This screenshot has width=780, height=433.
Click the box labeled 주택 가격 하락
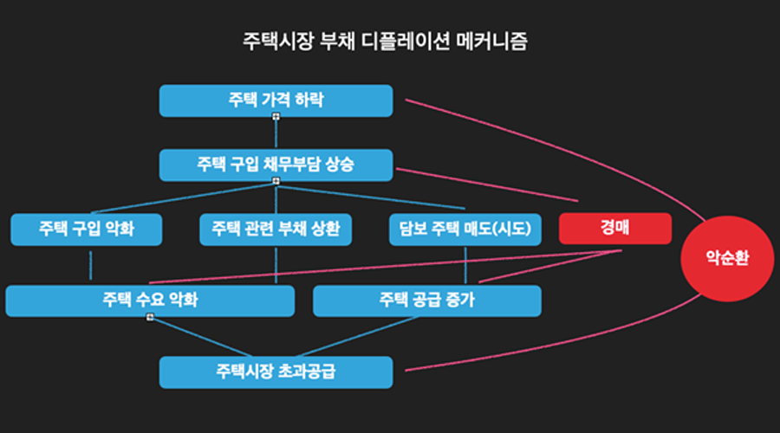tap(276, 100)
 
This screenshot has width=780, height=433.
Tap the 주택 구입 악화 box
tap(87, 229)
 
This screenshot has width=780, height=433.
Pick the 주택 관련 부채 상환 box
tap(276, 229)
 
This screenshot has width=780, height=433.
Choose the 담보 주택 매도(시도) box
tap(465, 229)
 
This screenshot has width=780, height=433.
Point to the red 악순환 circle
tap(725, 257)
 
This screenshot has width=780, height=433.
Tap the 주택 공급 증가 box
tap(426, 301)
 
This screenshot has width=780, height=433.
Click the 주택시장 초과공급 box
tap(276, 372)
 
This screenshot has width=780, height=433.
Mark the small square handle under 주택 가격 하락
tap(276, 116)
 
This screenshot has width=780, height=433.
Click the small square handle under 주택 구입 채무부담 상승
tap(276, 180)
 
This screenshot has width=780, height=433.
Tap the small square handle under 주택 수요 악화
tap(150, 318)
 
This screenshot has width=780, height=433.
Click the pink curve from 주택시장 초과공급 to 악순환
tap(563, 346)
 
